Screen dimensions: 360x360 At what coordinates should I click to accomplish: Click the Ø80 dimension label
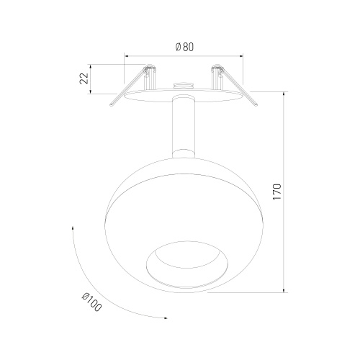pos(184,47)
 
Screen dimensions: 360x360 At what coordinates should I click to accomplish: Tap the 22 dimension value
pos(84,78)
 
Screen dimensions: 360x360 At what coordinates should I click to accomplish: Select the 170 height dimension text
pos(276,192)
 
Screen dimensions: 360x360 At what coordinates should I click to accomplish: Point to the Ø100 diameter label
pos(92,302)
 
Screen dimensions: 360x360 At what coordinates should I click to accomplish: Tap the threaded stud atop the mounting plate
pos(184,85)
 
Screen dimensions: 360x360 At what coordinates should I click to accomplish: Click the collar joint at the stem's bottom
pos(184,154)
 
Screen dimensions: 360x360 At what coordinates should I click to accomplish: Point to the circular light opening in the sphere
pos(187,264)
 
